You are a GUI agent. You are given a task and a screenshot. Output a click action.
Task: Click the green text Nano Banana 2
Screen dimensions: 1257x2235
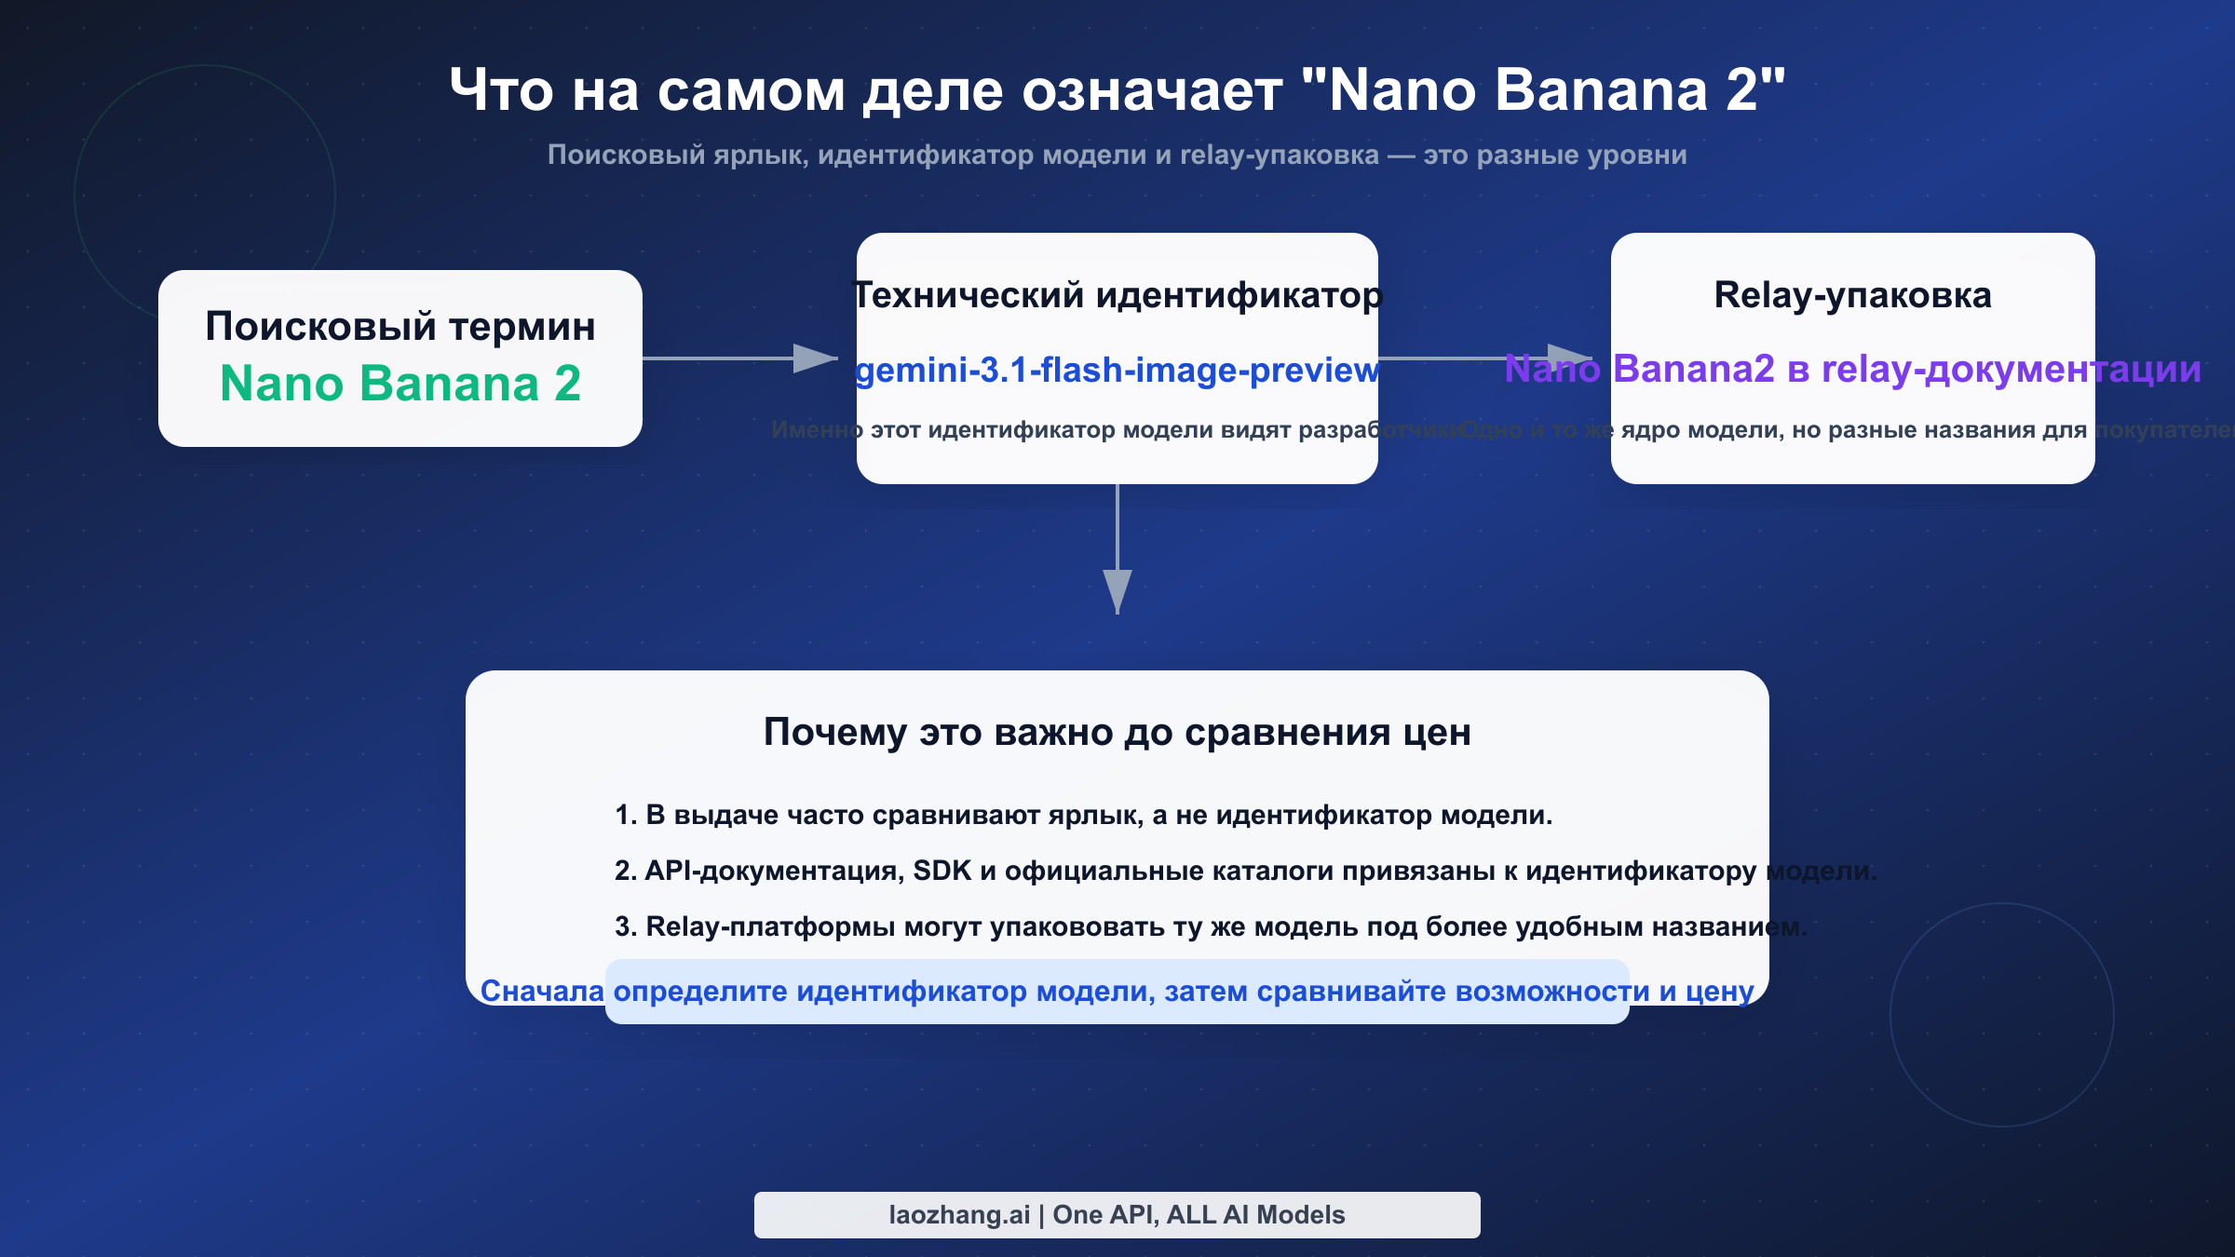coord(400,384)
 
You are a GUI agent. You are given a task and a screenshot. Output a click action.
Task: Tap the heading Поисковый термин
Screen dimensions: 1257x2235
coord(400,327)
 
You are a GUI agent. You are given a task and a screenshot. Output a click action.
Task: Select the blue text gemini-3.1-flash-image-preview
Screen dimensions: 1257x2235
coord(1117,371)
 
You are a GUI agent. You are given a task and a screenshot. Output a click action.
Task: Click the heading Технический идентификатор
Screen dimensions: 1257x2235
coord(1117,295)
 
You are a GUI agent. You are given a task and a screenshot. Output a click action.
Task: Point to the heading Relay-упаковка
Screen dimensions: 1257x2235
coord(1852,295)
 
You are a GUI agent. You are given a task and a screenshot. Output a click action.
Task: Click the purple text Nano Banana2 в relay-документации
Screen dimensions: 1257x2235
coord(1852,370)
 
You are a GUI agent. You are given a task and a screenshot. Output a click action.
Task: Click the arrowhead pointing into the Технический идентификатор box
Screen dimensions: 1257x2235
coord(816,358)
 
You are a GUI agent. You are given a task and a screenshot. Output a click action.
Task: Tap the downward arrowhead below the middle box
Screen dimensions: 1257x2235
coord(1117,590)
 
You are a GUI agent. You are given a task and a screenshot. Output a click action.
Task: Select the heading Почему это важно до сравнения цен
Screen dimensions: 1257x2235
coord(1117,733)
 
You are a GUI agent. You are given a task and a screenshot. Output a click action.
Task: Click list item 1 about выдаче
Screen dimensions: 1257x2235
coord(1083,816)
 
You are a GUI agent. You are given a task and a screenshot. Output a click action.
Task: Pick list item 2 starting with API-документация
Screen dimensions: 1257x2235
coord(1244,872)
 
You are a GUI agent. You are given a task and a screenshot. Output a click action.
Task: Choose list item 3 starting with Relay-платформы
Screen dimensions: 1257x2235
coord(1210,927)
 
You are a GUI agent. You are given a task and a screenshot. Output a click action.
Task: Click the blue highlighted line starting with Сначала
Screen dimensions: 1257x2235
coord(1117,992)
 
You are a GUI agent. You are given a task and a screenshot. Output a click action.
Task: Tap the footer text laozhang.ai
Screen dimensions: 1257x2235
coord(959,1215)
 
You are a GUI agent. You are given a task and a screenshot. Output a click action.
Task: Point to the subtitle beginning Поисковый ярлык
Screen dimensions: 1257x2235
coord(1117,155)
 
